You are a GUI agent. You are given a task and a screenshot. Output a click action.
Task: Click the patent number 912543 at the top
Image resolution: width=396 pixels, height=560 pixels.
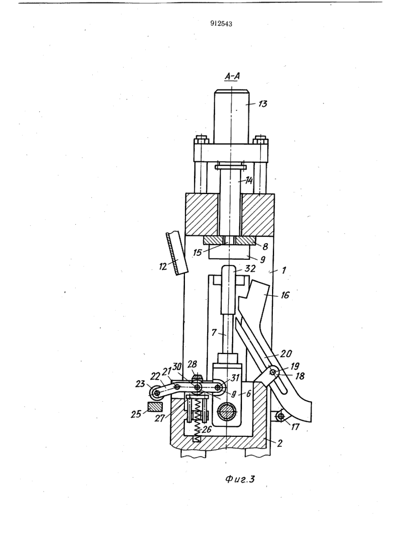coord(221,24)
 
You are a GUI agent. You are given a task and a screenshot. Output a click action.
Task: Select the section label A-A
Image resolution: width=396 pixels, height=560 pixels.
coord(232,77)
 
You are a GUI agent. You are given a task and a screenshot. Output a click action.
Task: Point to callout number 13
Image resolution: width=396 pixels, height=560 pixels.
coord(262,104)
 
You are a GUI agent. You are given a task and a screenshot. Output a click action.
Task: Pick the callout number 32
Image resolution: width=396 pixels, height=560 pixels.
coord(250,269)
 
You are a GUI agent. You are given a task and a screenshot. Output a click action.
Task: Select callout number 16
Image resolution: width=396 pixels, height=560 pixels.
coord(285,295)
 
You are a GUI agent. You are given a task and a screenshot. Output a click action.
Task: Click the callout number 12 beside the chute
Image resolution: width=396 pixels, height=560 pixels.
coord(163,267)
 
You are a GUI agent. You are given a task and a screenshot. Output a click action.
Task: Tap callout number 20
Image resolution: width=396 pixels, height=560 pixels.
coord(286,354)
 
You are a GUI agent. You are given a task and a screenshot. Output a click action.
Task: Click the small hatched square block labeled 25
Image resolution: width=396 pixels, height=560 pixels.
coord(155,407)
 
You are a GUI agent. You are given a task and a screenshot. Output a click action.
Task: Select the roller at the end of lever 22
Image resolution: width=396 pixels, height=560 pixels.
coord(156,393)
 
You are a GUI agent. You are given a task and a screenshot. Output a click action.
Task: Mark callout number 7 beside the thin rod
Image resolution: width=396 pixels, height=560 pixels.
coord(214,333)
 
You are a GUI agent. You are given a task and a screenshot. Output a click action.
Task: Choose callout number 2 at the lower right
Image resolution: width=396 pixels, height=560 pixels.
coord(279,443)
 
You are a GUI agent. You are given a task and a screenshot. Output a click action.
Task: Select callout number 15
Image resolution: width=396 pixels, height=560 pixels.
coord(198,252)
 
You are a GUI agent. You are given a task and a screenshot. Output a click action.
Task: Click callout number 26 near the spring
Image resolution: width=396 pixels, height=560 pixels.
coord(207,429)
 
